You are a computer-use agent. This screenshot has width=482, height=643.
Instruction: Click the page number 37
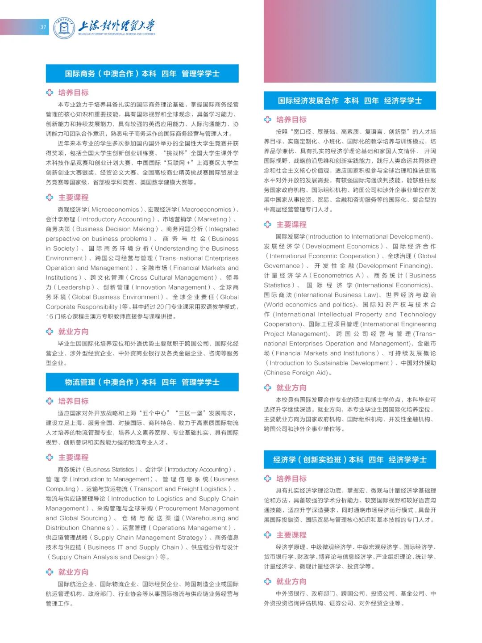click(43, 27)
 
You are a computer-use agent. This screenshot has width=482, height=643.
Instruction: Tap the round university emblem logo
click(64, 28)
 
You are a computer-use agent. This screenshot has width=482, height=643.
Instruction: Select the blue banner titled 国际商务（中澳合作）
click(142, 74)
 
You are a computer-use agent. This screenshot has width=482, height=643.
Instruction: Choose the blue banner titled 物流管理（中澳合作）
click(142, 382)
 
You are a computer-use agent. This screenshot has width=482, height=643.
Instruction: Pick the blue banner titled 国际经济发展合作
click(349, 101)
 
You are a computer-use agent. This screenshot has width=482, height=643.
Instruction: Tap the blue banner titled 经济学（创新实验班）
click(349, 460)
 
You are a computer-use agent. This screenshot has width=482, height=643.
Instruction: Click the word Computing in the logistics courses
click(61, 489)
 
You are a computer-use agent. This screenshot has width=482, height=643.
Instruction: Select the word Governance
click(282, 266)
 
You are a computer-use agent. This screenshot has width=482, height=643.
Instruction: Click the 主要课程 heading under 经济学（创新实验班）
click(291, 535)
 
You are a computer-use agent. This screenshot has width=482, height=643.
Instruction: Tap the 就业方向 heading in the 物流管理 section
click(73, 572)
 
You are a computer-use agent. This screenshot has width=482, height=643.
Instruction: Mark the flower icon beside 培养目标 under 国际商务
click(50, 92)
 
